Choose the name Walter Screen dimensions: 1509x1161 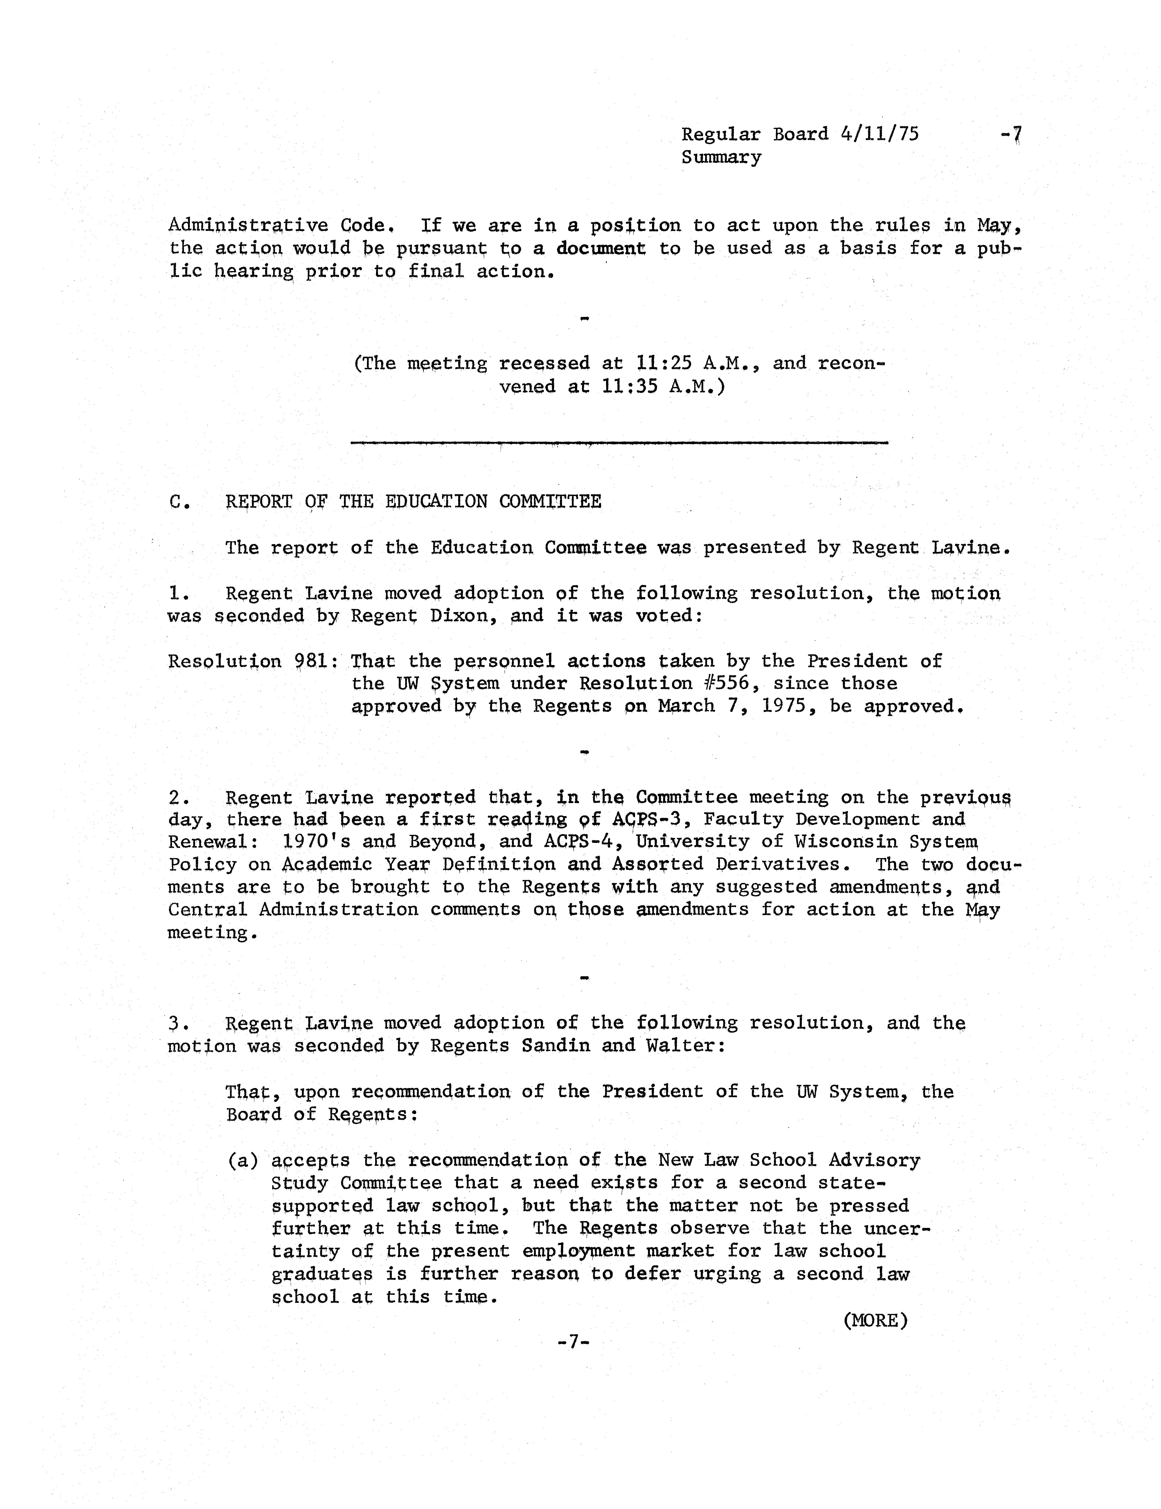[x=681, y=1045]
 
